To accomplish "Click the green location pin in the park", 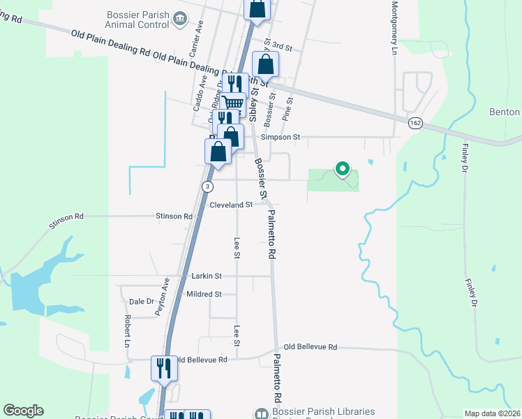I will (342, 169).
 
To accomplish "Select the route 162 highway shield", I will (416, 123).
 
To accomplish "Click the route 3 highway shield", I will (207, 186).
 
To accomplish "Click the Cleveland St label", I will (231, 205).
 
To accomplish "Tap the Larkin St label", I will (207, 277).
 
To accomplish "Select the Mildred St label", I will (204, 295).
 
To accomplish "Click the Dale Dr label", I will (141, 302).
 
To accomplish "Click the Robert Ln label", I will (128, 331).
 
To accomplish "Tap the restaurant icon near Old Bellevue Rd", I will (164, 368).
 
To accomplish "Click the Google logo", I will (23, 411).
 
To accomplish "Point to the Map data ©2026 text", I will (492, 413).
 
